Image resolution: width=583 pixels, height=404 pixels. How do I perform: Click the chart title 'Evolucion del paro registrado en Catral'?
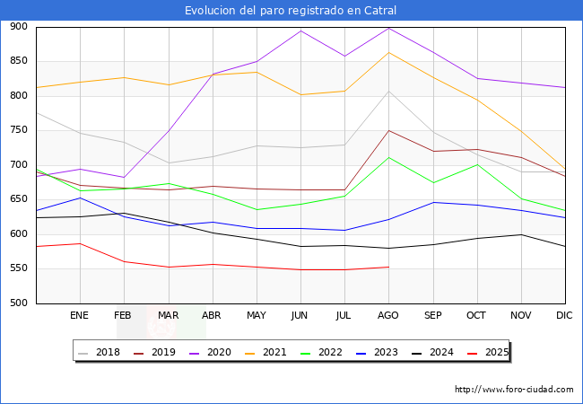[x=291, y=11]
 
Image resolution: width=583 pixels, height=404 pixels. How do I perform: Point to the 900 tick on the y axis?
[x=18, y=27]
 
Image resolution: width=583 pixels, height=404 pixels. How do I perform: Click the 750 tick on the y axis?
[x=18, y=131]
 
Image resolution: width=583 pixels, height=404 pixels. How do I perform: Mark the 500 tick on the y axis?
[x=18, y=303]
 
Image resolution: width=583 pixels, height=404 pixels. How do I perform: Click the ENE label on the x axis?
[x=80, y=316]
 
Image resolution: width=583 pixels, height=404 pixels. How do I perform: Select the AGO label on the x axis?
[x=388, y=316]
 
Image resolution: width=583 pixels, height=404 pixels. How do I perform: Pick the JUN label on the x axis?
[x=300, y=316]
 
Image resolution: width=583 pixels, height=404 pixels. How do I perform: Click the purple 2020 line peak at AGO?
[x=388, y=28]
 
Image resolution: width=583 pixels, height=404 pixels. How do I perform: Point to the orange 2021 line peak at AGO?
[x=388, y=52]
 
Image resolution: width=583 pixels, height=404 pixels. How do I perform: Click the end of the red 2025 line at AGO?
[x=388, y=267]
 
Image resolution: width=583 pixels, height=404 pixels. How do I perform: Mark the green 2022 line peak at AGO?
[x=388, y=157]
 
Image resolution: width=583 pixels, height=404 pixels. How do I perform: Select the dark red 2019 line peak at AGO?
[x=388, y=130]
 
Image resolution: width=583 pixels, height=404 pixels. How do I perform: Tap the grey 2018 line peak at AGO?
[x=388, y=91]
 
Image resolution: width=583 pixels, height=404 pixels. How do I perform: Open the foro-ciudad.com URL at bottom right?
[x=514, y=390]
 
